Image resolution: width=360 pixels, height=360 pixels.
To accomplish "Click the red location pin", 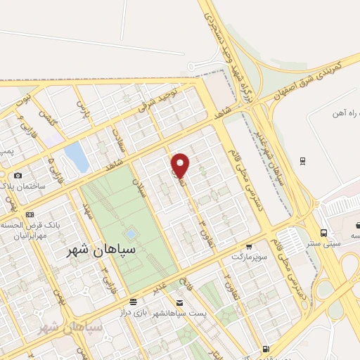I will click(181, 165).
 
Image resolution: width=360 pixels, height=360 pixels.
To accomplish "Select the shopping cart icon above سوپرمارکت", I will click(248, 247).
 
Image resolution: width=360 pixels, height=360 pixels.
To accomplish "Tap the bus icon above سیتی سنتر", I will click(323, 232).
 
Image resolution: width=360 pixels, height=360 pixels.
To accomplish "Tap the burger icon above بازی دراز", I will click(134, 300).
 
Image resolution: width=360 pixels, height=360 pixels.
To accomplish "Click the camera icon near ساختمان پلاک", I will click(18, 175).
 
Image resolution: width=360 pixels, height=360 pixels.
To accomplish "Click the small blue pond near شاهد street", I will click(75, 157).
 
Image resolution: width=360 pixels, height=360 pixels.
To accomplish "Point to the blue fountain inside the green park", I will click(131, 233).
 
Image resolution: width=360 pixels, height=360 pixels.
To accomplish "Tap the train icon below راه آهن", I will click(303, 161).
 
